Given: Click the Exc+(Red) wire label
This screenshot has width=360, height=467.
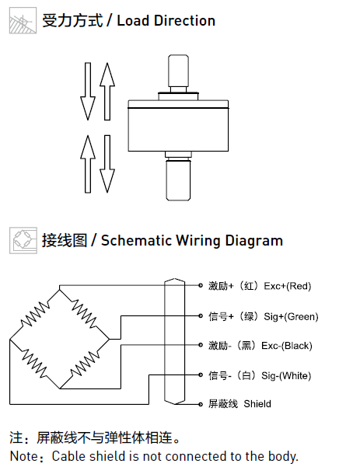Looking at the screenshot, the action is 287,286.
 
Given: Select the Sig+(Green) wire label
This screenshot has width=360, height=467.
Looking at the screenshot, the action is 291,316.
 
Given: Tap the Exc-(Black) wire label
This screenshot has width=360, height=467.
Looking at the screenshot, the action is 287,346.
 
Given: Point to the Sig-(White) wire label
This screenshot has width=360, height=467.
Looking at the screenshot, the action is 286,375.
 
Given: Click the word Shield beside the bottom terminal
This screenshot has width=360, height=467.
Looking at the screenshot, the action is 257,404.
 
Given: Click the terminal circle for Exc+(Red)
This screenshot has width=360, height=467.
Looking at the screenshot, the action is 201,285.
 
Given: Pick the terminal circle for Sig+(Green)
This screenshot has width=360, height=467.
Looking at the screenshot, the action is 201,315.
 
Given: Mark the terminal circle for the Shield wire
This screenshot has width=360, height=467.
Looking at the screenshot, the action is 201,404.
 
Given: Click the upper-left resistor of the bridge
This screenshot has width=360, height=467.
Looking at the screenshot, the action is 35,315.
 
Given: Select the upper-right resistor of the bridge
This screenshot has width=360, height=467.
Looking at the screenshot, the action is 84,315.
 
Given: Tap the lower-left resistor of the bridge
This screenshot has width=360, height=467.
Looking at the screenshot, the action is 34,364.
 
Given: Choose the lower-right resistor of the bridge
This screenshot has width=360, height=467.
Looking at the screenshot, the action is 85,364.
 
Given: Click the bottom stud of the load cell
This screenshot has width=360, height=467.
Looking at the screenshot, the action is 178,179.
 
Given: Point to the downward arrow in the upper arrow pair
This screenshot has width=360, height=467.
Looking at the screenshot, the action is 88,92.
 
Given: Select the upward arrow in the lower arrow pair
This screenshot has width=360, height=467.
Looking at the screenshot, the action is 88,164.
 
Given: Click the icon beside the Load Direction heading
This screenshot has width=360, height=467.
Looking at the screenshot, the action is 23,20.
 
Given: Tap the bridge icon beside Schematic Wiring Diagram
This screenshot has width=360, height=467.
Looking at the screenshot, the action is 23,240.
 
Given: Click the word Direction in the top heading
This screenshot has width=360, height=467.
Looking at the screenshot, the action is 184,21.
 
